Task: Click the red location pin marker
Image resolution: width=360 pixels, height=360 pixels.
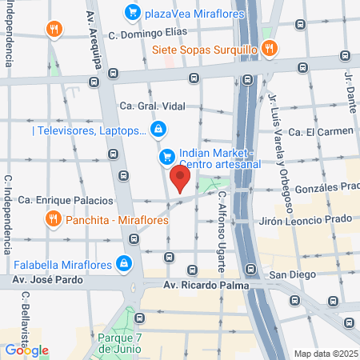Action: coord(180,178)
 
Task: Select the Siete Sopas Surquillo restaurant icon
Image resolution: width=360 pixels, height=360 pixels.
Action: coord(270,48)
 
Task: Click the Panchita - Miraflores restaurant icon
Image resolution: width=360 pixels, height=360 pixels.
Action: coord(54,218)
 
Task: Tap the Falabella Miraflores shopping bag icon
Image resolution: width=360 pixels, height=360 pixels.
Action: coord(124,262)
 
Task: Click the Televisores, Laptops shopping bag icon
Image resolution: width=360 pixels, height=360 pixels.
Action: coord(159,129)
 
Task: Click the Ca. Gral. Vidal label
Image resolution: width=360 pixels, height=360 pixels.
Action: coord(150,106)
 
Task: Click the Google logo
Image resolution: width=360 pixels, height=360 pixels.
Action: coord(26,350)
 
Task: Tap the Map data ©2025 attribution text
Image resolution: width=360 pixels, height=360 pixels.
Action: coord(325,354)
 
